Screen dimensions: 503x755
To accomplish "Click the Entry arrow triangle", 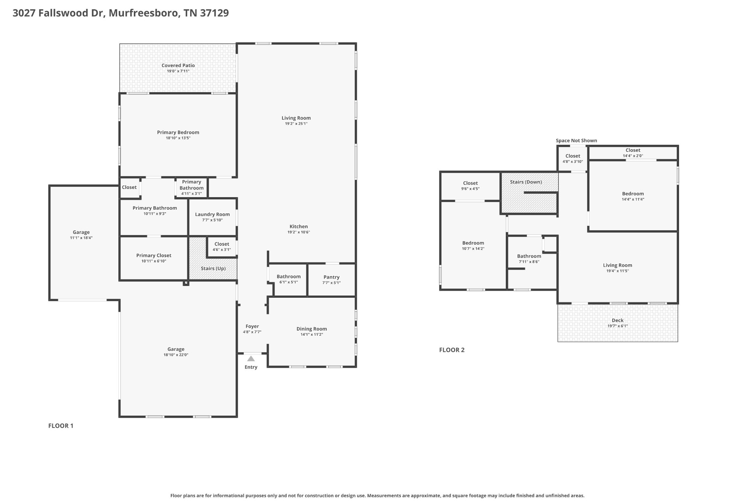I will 251,359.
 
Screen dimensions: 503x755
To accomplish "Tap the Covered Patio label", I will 178,66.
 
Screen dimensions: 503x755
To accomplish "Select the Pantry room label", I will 331,277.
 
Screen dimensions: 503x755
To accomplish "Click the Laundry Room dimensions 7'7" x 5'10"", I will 212,220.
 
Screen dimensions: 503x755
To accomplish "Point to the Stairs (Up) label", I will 213,268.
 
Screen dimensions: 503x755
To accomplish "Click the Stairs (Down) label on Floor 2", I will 526,182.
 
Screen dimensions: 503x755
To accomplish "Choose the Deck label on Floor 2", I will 617,320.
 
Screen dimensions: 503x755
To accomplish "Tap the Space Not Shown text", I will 576,140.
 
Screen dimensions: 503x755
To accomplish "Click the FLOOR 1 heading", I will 61,426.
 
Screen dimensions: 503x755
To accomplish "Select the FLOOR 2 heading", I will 452,350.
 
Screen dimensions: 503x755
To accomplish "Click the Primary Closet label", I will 154,255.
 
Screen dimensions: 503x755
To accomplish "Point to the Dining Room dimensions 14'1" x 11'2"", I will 312,335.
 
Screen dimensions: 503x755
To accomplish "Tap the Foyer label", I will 252,326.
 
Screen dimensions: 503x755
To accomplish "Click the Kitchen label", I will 299,227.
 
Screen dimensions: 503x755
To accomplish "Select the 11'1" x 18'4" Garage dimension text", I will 81,238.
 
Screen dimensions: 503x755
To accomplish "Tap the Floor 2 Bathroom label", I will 529,256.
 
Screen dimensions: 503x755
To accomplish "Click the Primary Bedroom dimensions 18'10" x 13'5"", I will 178,138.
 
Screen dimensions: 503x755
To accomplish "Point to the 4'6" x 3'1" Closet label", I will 222,244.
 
